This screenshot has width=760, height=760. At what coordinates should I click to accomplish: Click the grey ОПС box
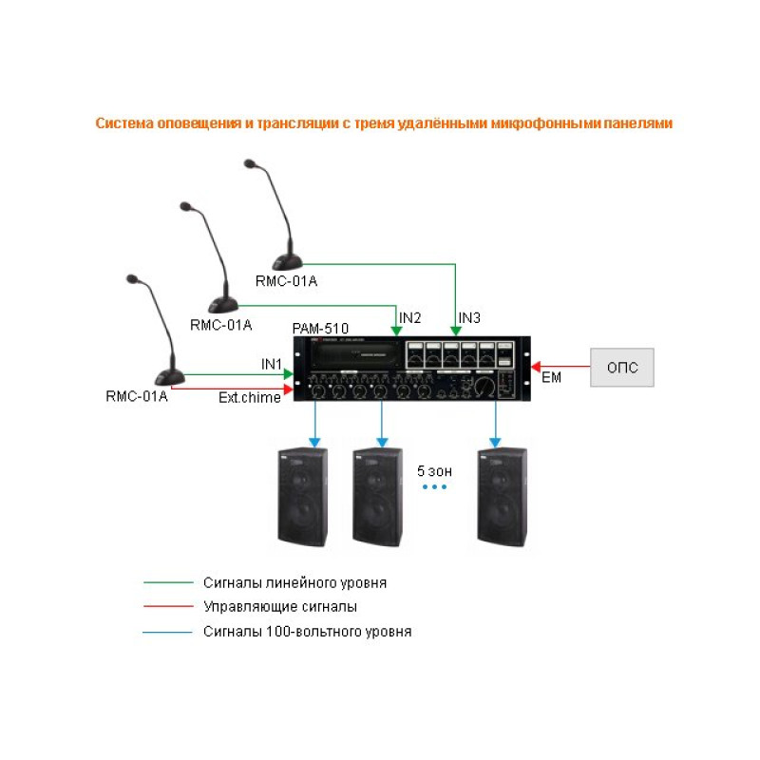(622, 367)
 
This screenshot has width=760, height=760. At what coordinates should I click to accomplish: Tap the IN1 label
(272, 364)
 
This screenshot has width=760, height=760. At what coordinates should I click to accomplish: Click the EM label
(551, 378)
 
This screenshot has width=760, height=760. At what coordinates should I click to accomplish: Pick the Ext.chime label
(250, 397)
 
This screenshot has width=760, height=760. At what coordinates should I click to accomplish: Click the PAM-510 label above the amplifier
(320, 329)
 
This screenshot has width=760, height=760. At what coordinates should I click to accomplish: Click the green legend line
(166, 582)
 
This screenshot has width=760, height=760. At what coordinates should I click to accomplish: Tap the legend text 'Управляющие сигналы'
(280, 606)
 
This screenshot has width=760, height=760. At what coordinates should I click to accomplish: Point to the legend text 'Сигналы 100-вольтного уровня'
(307, 631)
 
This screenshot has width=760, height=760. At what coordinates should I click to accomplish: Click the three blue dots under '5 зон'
(433, 486)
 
